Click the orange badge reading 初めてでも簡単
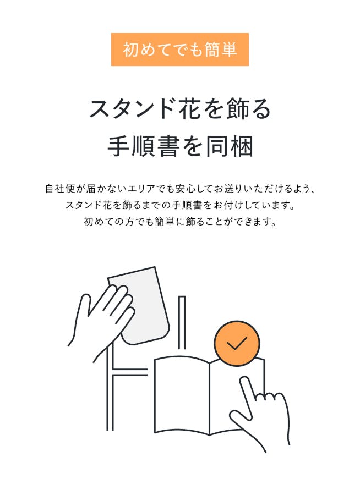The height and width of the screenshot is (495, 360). [179, 50]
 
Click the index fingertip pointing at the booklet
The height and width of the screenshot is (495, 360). [244, 381]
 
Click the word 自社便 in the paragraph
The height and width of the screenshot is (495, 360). [59, 189]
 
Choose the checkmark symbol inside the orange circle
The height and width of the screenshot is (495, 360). [237, 343]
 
